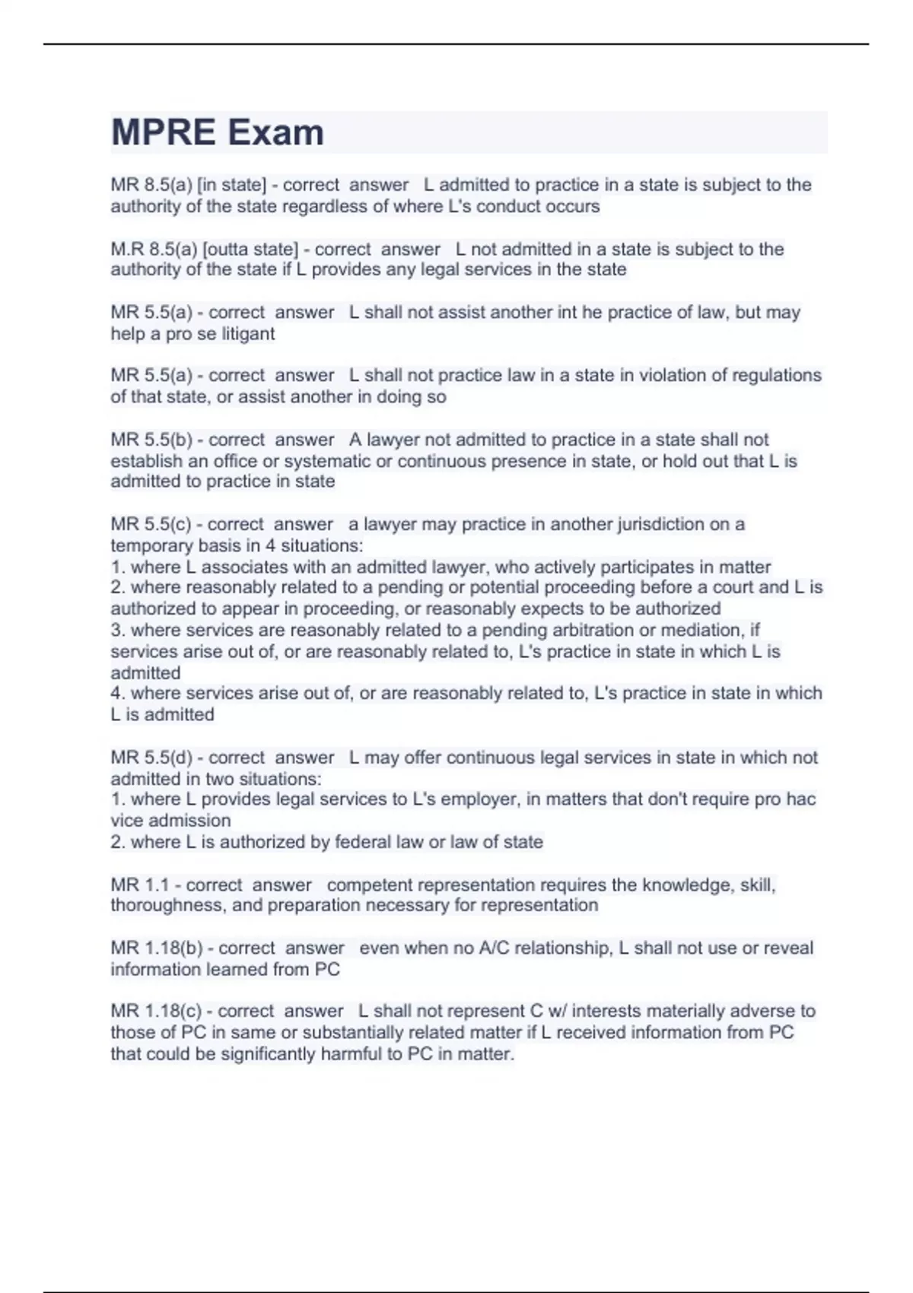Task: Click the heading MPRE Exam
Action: pyautogui.click(x=218, y=132)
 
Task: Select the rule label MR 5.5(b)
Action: pyautogui.click(x=151, y=440)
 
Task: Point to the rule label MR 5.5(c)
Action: pyautogui.click(x=151, y=524)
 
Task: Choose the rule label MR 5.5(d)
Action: pyautogui.click(x=151, y=758)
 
